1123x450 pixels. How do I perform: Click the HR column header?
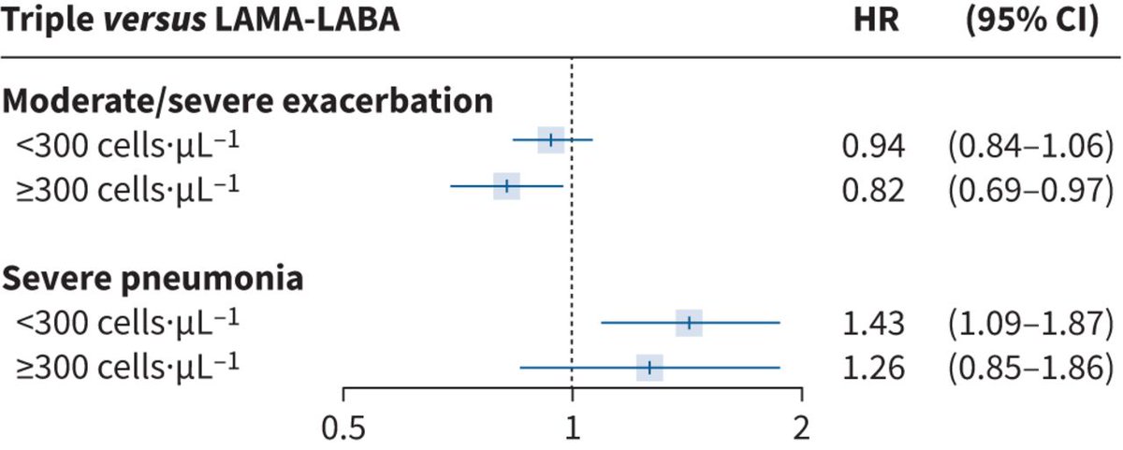click(878, 21)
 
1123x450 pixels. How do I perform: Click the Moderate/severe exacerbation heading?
click(248, 100)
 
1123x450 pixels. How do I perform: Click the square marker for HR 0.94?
click(551, 140)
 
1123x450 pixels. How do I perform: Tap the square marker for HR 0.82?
click(506, 185)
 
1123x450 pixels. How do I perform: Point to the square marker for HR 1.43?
click(689, 323)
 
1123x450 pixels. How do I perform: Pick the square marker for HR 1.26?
click(649, 368)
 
